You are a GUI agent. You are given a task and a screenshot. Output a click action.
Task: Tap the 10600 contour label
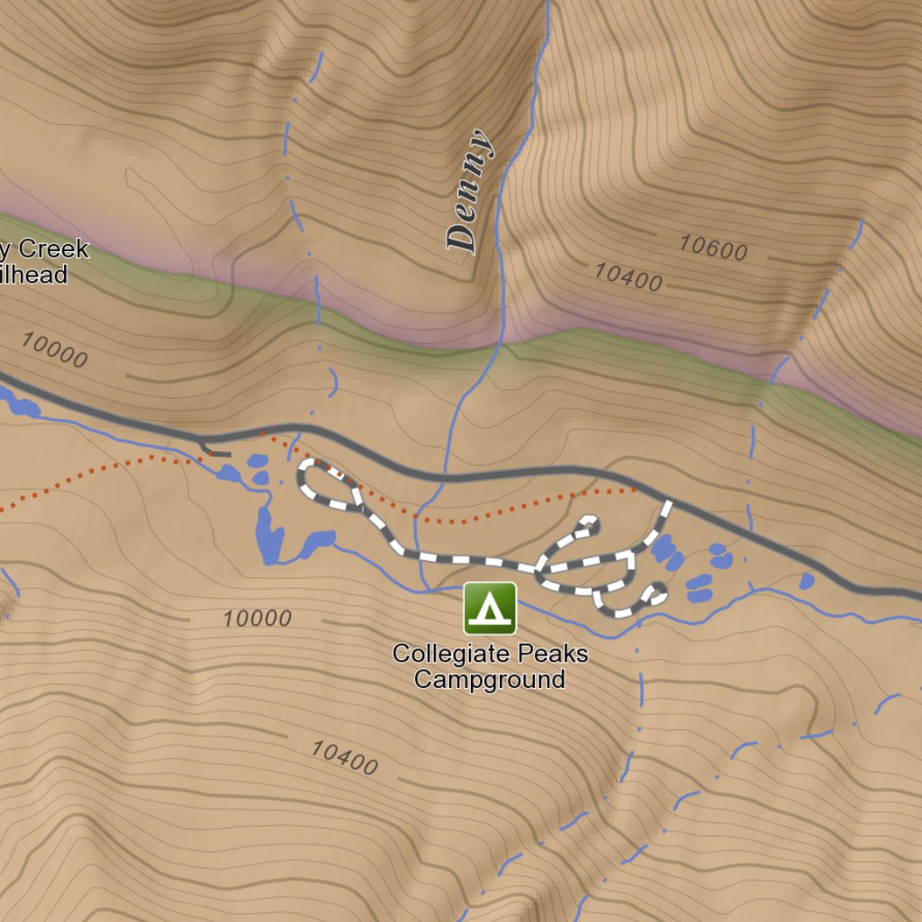713,248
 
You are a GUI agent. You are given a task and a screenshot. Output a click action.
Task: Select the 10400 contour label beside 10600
628,277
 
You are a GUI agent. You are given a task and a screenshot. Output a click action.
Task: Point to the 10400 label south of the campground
344,758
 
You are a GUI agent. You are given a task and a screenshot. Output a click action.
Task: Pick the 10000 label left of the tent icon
258,619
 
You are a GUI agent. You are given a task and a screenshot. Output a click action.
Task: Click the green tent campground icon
490,609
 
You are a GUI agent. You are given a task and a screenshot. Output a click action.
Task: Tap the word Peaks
548,654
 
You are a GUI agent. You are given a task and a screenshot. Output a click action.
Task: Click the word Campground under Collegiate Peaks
490,679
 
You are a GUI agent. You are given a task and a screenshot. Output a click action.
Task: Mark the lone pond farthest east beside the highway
807,582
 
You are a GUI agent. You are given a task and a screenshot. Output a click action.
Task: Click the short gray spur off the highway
216,450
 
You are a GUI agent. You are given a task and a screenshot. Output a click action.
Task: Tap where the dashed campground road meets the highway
668,502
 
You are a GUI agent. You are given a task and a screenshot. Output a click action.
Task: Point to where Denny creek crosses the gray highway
444,477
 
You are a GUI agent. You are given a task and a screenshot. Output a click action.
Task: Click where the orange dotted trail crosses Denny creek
421,518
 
